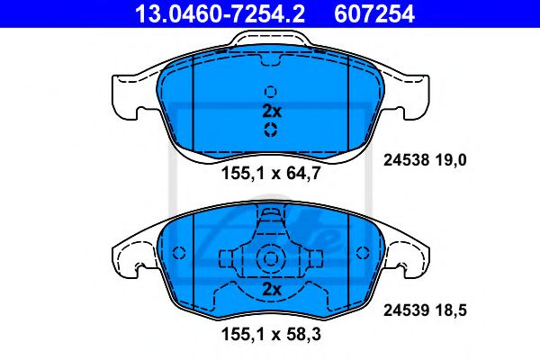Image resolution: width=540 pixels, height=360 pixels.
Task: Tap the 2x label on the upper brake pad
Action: pyautogui.click(x=272, y=112)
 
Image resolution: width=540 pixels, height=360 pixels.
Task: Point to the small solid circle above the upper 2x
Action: pyautogui.click(x=271, y=91)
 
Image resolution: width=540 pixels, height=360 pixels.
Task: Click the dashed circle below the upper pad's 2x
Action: pyautogui.click(x=271, y=131)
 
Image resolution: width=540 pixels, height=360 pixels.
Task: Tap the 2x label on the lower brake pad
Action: pyautogui.click(x=271, y=290)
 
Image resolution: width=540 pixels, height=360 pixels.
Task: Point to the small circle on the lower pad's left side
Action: pyautogui.click(x=178, y=253)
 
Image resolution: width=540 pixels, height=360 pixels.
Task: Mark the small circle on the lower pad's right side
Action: pyautogui.click(x=363, y=253)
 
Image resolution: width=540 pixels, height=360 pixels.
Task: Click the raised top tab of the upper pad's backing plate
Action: pyautogui.click(x=270, y=41)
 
